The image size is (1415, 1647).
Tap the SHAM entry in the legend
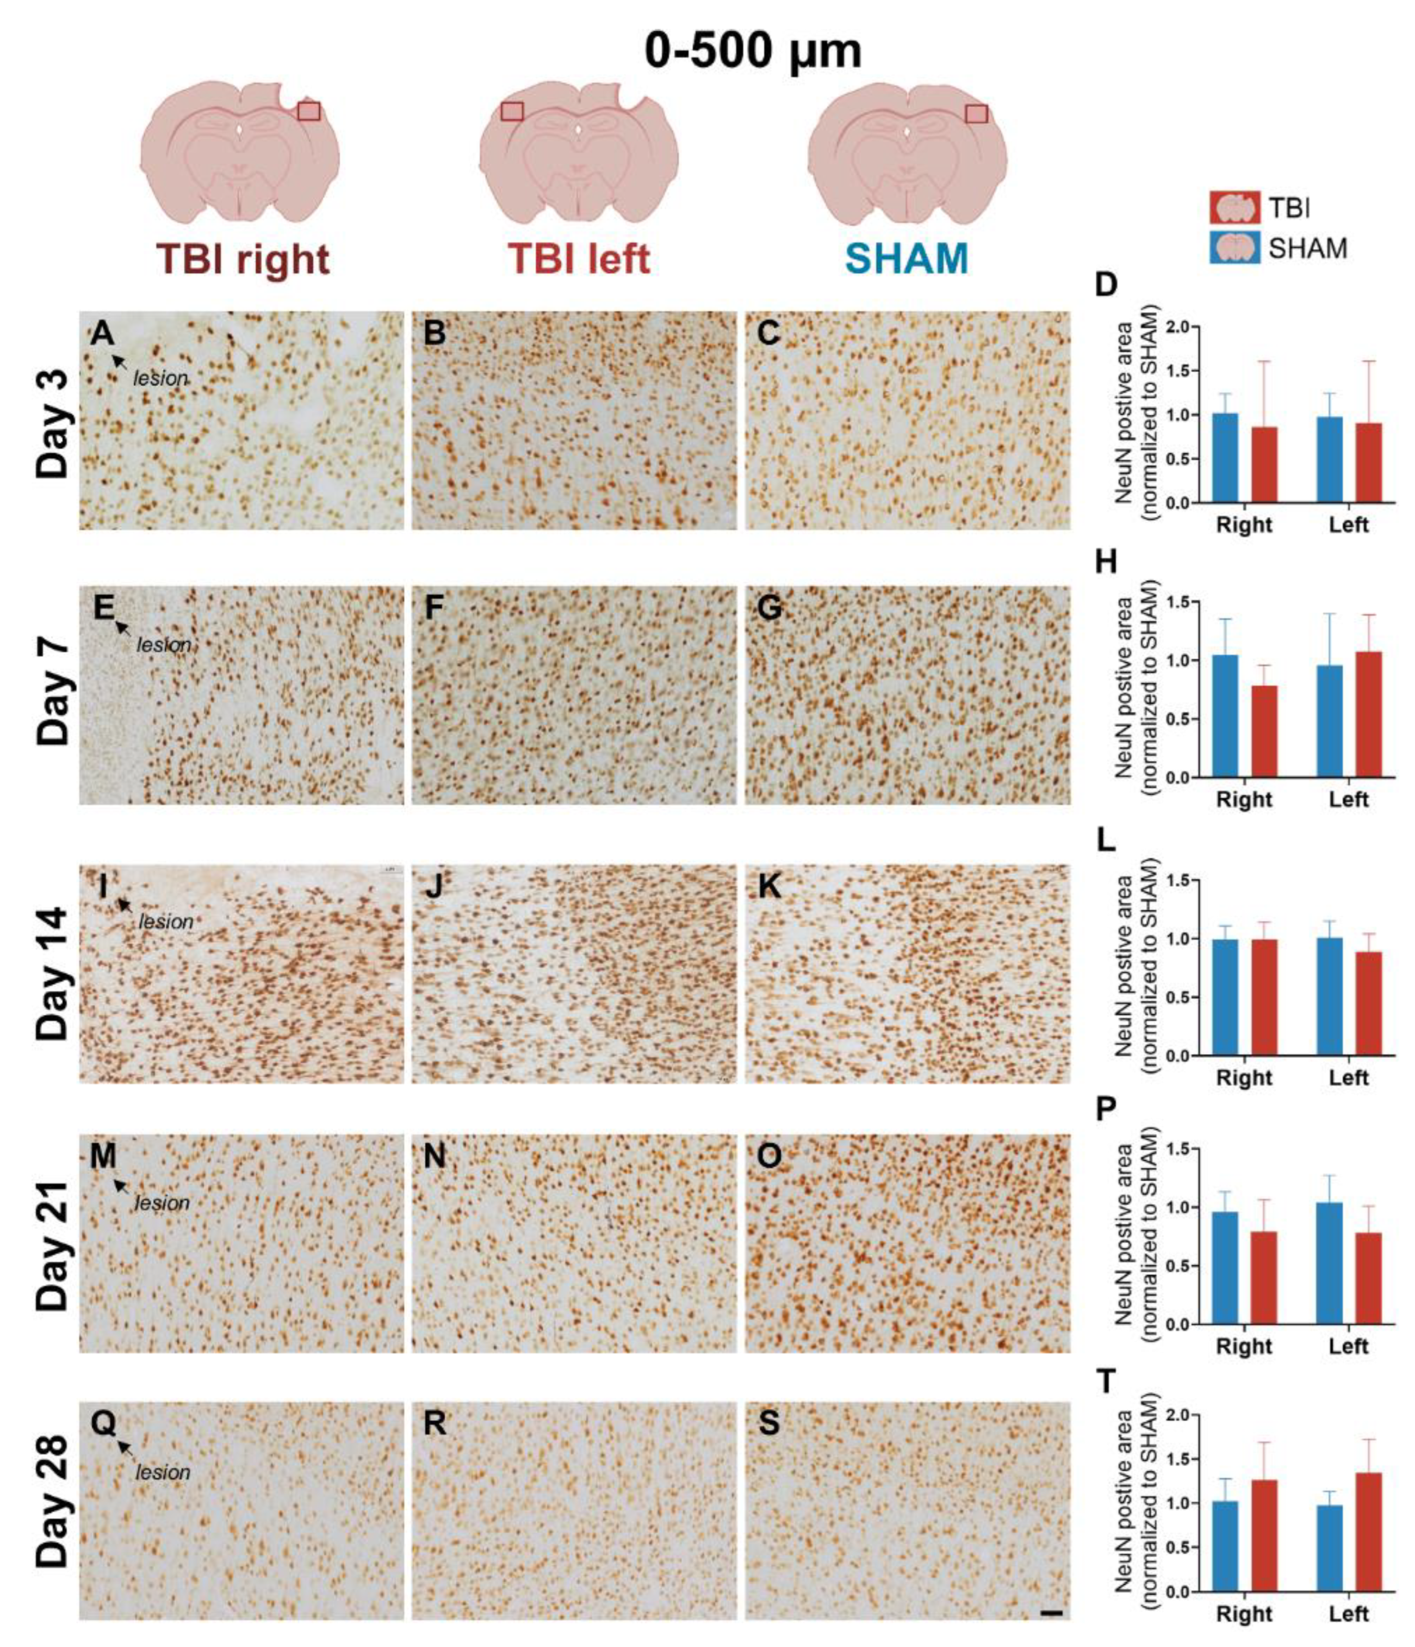[x=1277, y=249]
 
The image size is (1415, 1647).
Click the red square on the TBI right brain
[x=308, y=112]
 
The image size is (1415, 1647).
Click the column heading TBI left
[x=579, y=259]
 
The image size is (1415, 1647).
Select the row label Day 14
[x=54, y=974]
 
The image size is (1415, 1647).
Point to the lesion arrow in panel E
[x=122, y=628]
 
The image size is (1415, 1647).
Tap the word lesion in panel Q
[x=163, y=1473]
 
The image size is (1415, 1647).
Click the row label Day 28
[x=54, y=1512]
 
